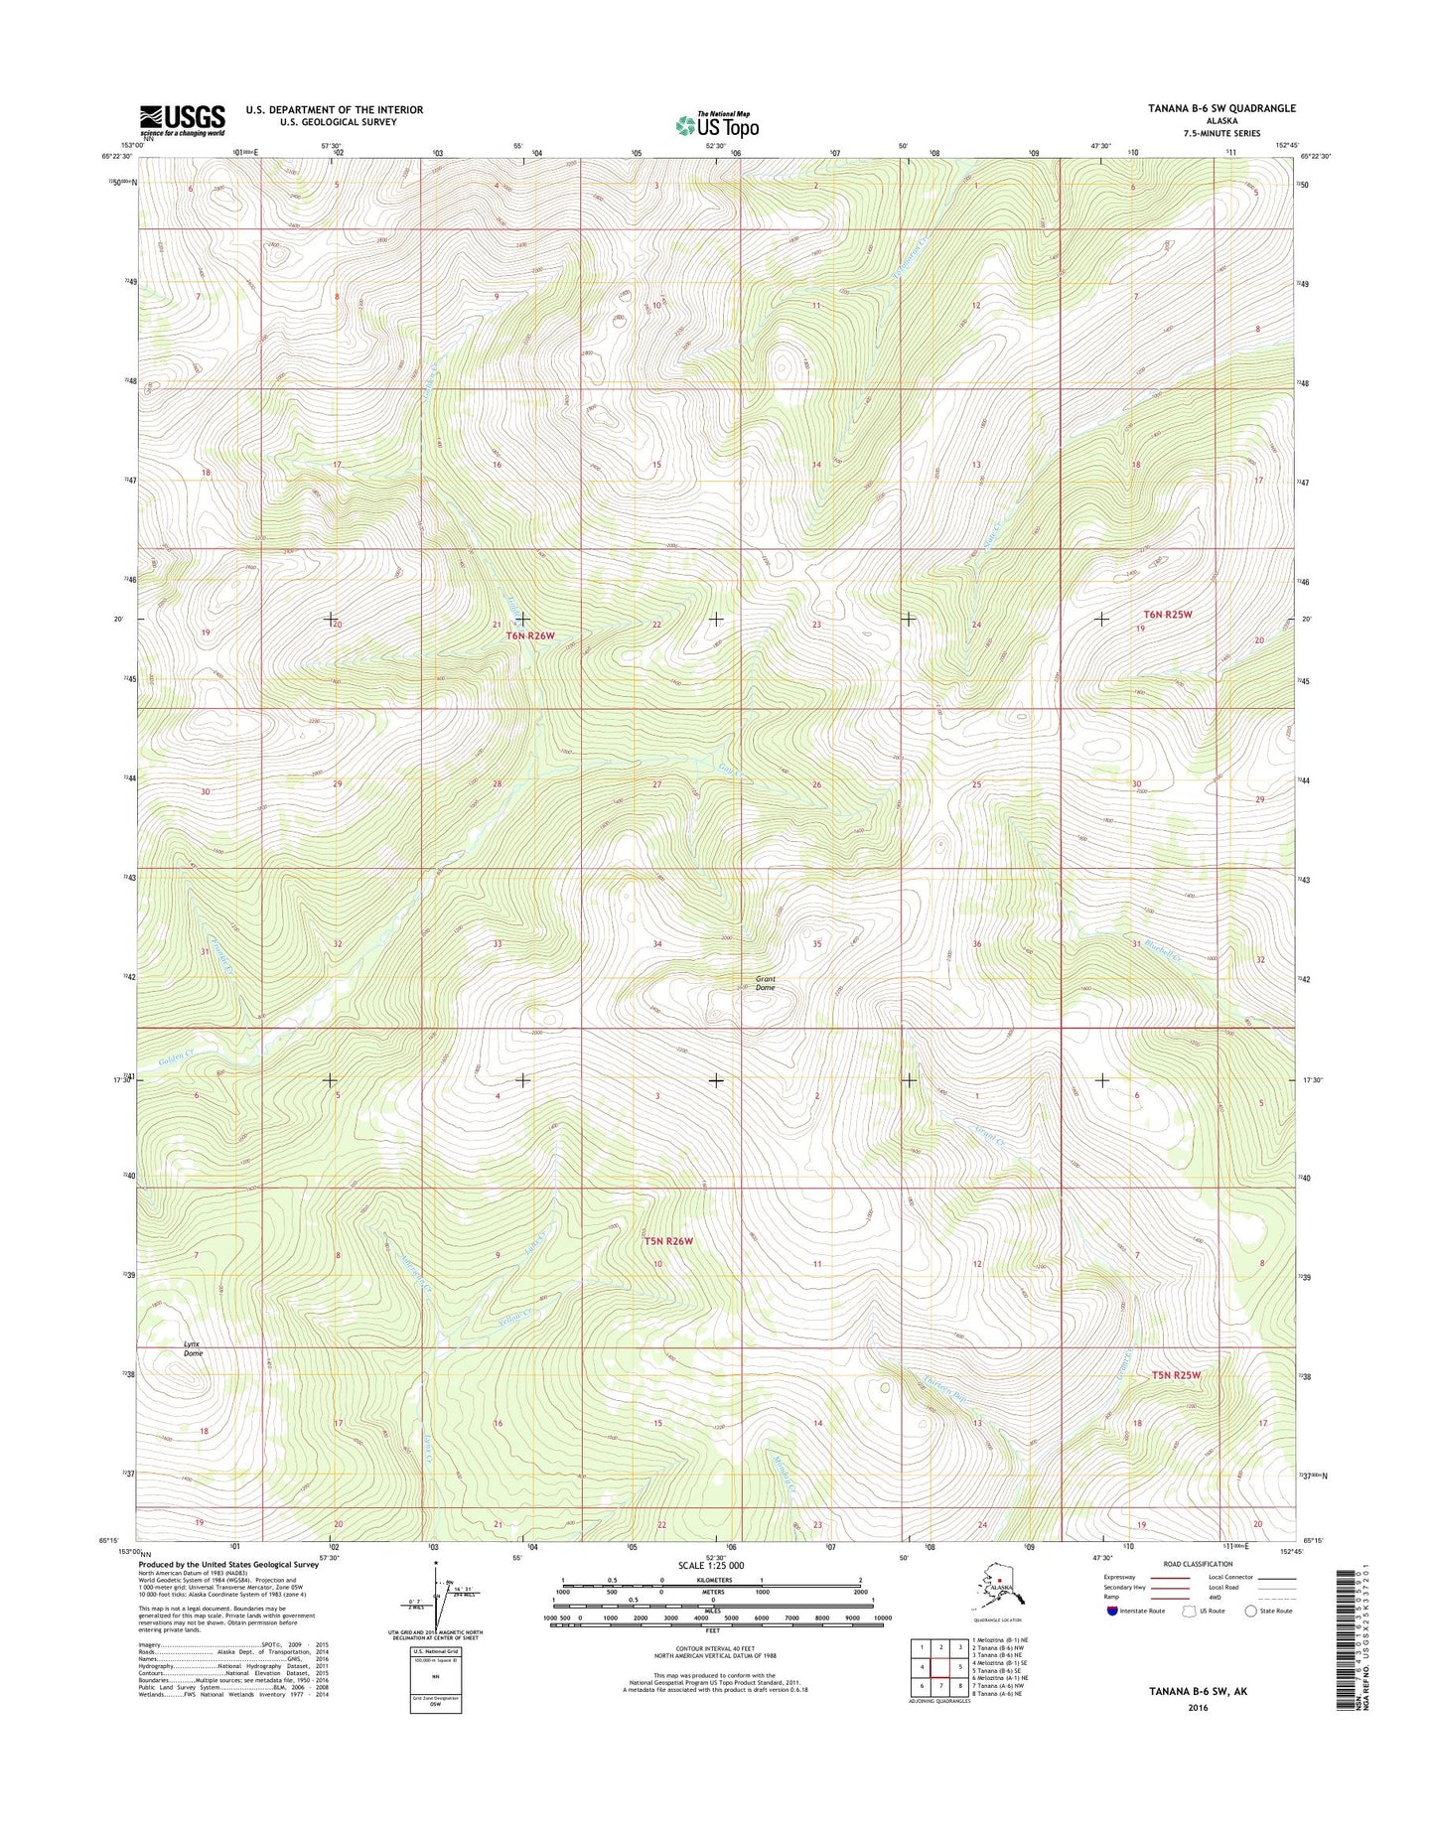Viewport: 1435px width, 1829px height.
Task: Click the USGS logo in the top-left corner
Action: (x=182, y=120)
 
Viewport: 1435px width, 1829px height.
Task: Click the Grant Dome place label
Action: (x=765, y=983)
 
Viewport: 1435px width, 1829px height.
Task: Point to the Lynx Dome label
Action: (x=193, y=1348)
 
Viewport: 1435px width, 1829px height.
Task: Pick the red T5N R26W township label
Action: (x=667, y=1241)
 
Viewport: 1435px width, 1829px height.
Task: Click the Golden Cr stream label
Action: (x=174, y=1059)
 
